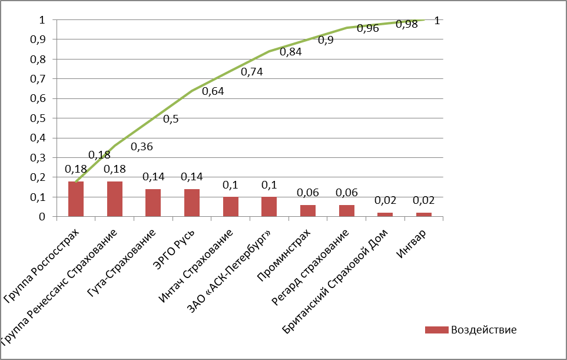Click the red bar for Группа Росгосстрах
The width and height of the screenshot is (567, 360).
(x=76, y=199)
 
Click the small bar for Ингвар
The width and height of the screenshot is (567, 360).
(x=424, y=214)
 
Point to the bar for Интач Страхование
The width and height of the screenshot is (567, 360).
(x=231, y=207)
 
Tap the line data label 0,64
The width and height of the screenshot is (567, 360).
(x=213, y=91)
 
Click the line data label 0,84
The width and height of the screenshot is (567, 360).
(x=290, y=52)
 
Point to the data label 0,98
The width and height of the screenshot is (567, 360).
(x=406, y=24)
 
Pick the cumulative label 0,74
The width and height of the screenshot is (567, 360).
(x=251, y=72)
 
